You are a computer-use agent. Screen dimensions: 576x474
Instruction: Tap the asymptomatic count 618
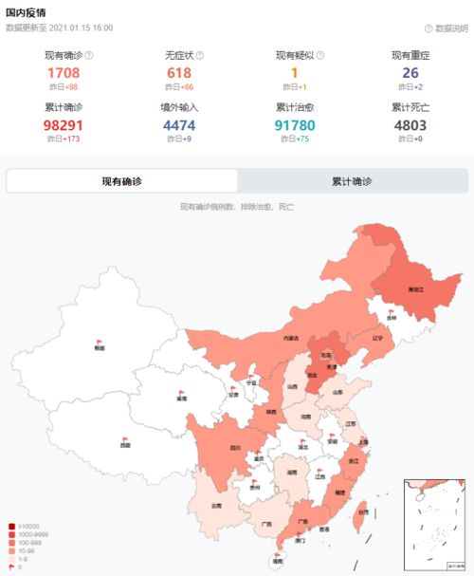click(x=178, y=73)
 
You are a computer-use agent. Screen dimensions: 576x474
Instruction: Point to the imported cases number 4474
click(x=178, y=125)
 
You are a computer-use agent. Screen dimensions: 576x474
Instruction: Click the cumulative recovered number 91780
click(x=295, y=125)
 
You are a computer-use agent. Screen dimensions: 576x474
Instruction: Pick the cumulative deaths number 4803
click(x=410, y=125)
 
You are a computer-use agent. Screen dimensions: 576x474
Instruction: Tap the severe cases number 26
click(x=410, y=73)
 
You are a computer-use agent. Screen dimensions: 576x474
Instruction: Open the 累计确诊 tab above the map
click(x=352, y=181)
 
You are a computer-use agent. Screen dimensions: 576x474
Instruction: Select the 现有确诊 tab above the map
click(x=122, y=181)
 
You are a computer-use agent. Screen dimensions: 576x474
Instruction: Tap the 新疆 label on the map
click(x=100, y=348)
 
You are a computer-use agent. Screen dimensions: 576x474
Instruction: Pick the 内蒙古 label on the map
click(x=290, y=338)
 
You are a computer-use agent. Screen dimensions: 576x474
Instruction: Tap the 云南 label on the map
click(x=217, y=505)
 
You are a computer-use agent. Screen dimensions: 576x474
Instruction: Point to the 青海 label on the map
click(x=181, y=399)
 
